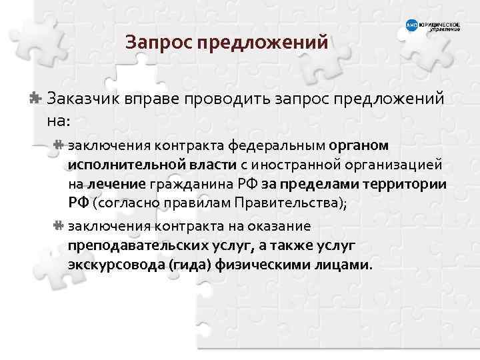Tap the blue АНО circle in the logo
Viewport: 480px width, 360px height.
(411, 26)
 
